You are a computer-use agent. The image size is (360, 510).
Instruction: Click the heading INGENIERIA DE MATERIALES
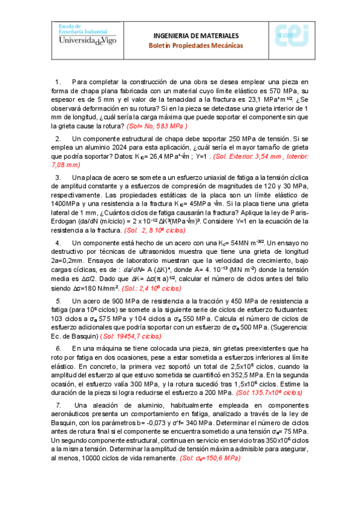(x=196, y=35)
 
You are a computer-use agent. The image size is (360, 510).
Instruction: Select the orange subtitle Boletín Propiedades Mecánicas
(x=196, y=46)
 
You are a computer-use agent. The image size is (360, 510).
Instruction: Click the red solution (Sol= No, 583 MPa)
(x=157, y=126)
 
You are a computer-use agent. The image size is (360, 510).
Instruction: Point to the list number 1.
(x=58, y=81)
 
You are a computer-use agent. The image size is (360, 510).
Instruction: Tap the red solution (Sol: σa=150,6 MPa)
(x=210, y=458)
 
